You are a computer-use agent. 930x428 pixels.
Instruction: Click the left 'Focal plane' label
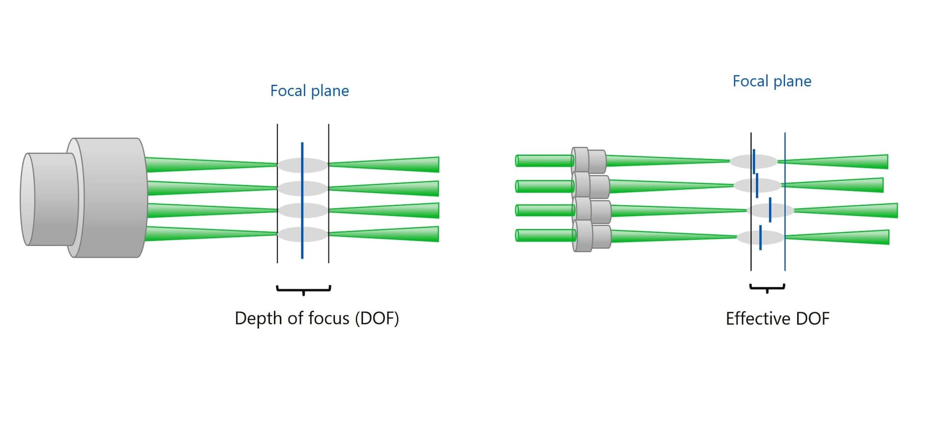[x=310, y=91]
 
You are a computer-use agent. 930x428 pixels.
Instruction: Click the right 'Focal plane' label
[x=772, y=81]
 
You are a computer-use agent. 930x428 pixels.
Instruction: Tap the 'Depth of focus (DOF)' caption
[x=317, y=318]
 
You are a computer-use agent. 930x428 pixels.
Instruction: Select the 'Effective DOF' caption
[x=777, y=319]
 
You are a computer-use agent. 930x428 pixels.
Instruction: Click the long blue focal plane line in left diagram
[x=302, y=200]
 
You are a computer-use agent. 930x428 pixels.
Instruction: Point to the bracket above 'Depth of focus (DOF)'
[x=304, y=289]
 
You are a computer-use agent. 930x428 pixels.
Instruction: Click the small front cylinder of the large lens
[x=48, y=199]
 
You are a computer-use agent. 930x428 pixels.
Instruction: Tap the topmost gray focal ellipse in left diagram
[x=302, y=165]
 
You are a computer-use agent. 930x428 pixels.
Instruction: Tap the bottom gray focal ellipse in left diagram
[x=302, y=234]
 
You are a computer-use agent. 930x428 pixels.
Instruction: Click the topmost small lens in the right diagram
[x=589, y=160]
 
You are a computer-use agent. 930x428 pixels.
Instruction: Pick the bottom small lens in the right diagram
[x=591, y=236]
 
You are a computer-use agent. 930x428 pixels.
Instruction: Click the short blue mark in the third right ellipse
[x=770, y=210]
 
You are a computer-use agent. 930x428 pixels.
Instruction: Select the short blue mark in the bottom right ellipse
[x=760, y=237]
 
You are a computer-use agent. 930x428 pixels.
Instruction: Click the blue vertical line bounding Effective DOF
[x=785, y=201]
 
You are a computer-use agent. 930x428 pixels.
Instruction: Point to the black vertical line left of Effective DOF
[x=751, y=201]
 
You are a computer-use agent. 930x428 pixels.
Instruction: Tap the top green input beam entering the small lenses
[x=544, y=161]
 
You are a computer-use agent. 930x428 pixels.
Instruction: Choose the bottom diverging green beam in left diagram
[x=384, y=234]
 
